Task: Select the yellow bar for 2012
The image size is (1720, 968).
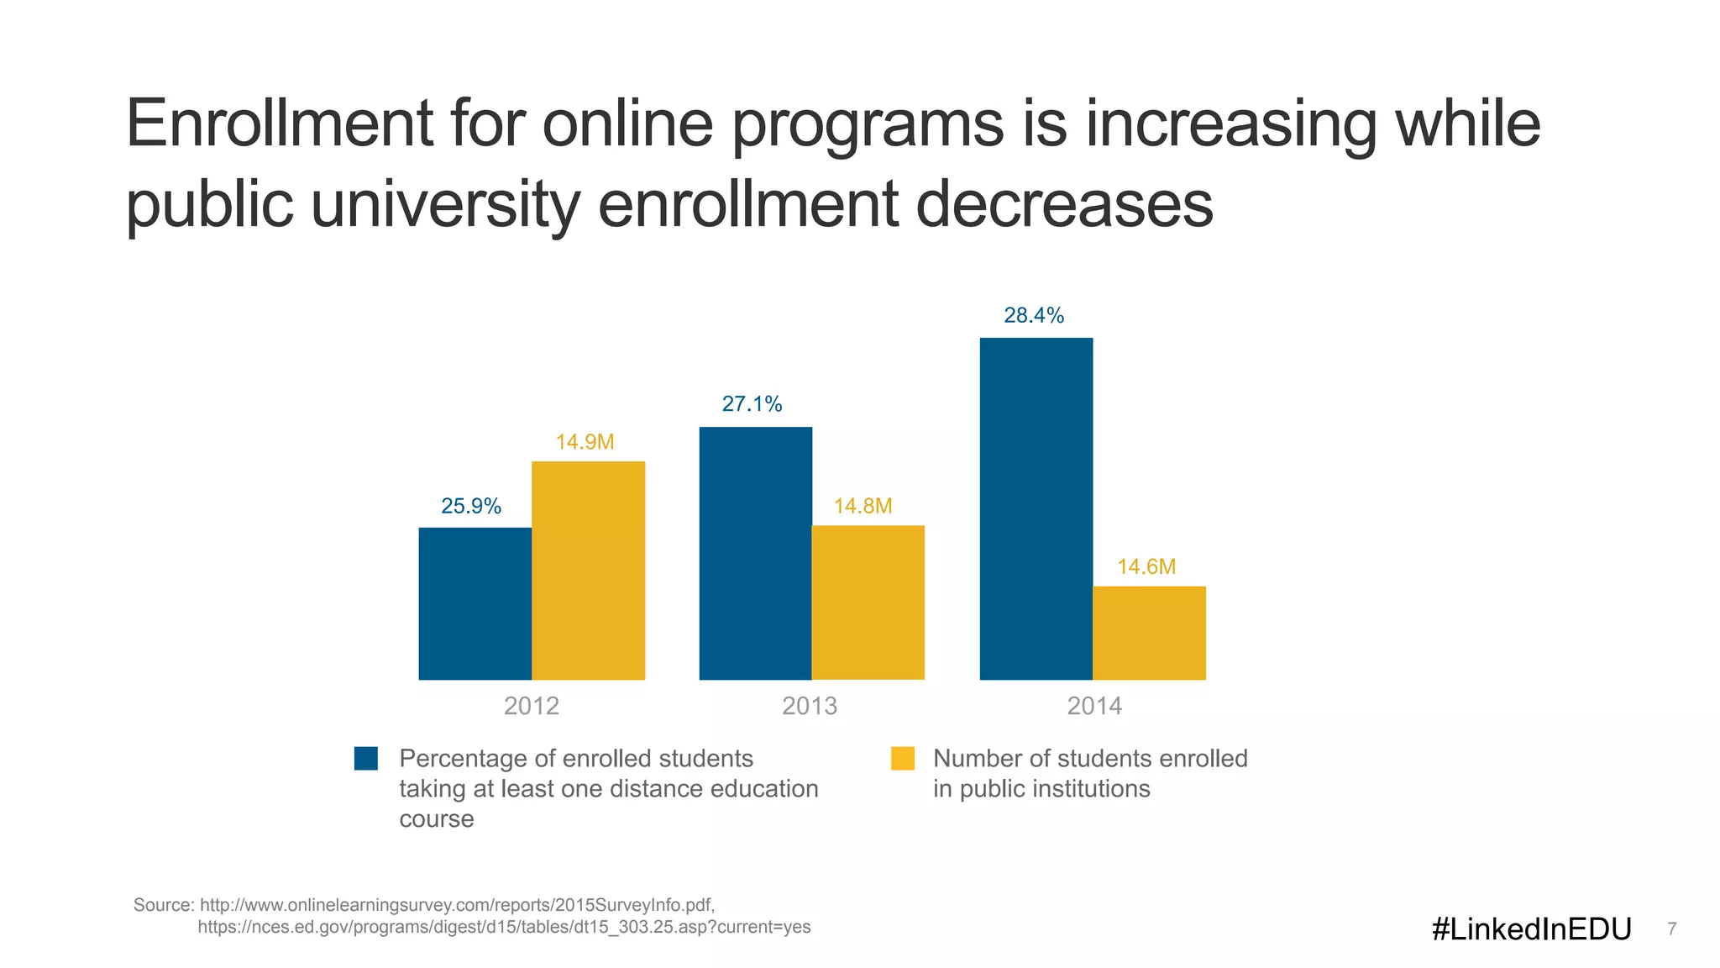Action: point(588,571)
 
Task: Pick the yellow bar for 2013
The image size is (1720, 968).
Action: point(868,602)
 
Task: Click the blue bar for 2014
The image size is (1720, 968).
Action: point(1036,508)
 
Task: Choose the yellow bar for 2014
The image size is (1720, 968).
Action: point(1149,633)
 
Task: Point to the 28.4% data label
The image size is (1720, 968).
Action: point(1034,315)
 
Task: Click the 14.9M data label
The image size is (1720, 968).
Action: point(585,442)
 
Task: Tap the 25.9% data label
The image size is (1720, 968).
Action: point(471,506)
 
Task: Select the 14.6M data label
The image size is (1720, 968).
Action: point(1146,566)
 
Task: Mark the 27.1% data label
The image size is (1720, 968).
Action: point(752,404)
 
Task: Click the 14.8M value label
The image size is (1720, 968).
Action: point(863,506)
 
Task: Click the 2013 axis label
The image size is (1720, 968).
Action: point(810,706)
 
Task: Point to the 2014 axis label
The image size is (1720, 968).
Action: point(1094,706)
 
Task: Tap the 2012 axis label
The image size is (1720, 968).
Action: point(531,706)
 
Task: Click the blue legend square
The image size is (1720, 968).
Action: point(366,758)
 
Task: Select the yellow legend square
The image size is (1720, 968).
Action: point(902,758)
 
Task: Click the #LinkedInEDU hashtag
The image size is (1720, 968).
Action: point(1531,929)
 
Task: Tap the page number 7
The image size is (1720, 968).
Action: point(1671,929)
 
